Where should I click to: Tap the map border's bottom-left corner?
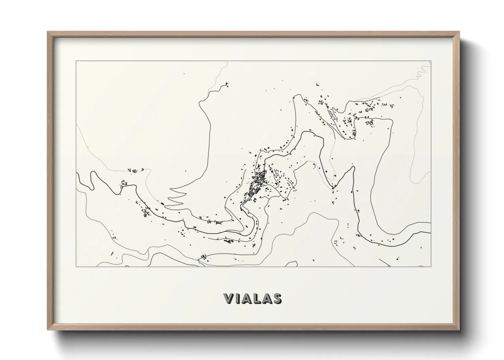(76, 266)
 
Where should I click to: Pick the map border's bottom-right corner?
(431, 266)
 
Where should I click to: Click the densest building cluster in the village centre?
(259, 179)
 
